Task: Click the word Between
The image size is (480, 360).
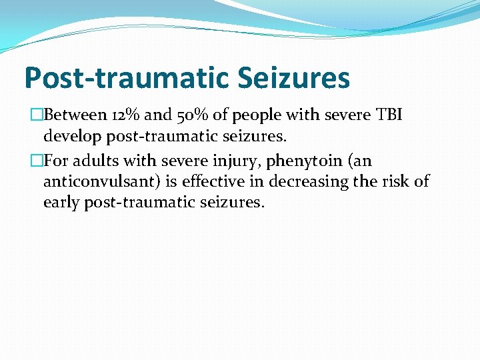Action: tap(74, 115)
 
